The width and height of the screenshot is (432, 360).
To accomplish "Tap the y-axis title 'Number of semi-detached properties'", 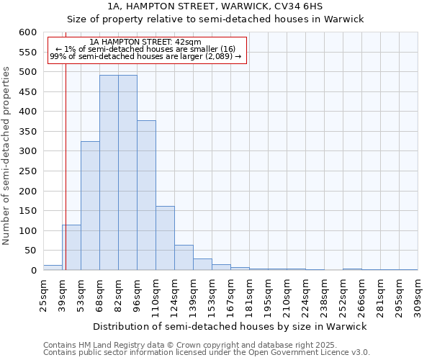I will coord(7,156).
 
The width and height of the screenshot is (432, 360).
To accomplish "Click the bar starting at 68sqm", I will coord(109,173).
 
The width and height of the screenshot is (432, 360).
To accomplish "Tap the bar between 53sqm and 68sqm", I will coord(90,206).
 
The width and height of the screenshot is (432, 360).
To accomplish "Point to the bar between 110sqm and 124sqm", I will coord(165,238).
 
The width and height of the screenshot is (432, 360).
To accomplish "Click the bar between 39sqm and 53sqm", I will coord(71,248).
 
